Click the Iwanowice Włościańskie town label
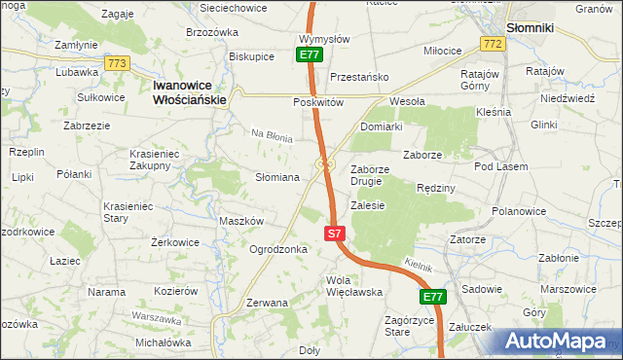point(190,92)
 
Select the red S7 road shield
point(334,234)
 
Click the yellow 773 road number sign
point(118,63)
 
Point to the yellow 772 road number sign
point(492,44)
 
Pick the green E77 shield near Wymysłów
point(310,56)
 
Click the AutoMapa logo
point(559,342)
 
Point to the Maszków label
point(241,221)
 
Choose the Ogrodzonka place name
point(278,249)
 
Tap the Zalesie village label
point(368,205)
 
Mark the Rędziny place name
point(435,188)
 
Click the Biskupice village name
point(251,56)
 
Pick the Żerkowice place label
point(175,242)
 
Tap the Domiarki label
point(381,126)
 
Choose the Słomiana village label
point(276,177)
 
